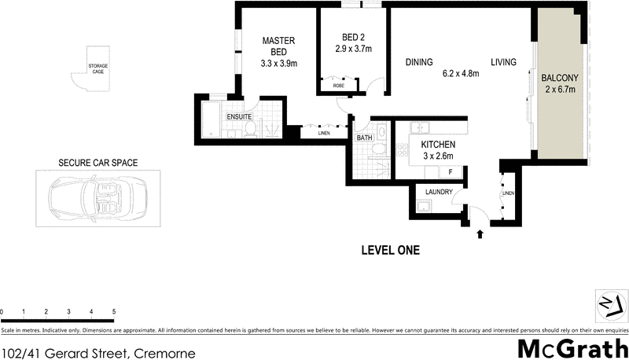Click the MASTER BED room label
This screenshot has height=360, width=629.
[278, 46]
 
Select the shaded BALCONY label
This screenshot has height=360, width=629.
[560, 78]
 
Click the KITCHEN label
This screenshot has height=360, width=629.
[437, 145]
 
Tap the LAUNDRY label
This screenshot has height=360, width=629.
[437, 192]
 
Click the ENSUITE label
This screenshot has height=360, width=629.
[239, 117]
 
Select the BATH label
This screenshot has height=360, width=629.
[364, 138]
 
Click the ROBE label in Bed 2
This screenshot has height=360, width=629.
[339, 86]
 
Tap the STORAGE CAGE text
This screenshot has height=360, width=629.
[97, 68]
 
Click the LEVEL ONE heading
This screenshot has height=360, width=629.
[390, 251]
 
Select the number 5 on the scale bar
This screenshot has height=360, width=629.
[114, 312]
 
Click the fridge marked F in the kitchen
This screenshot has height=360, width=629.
[450, 171]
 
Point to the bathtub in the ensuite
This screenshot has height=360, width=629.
[211, 119]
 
